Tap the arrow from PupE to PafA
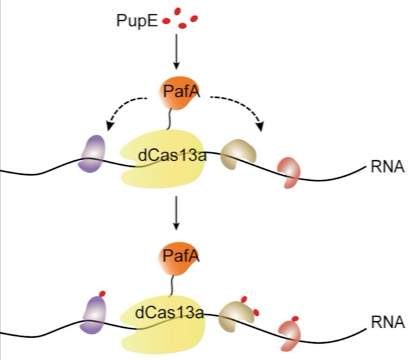pyautogui.click(x=176, y=53)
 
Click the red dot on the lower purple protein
pyautogui.click(x=102, y=294)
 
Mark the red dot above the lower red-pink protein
pyautogui.click(x=295, y=319)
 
